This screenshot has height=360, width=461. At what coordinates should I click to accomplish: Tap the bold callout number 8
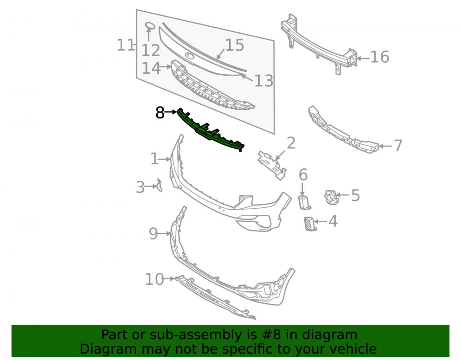(160, 112)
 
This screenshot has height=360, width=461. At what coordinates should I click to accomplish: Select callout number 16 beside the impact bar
(379, 57)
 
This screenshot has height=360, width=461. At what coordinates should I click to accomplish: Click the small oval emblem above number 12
(150, 26)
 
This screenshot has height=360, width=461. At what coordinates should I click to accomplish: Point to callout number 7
(398, 146)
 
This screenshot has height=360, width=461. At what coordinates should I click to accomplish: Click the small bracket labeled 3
(160, 185)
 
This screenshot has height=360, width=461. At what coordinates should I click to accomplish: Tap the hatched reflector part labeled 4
(309, 224)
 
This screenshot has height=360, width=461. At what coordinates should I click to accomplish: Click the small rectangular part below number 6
(304, 202)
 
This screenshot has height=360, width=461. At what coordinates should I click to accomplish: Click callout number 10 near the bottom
(154, 279)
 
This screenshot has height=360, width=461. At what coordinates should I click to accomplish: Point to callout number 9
(154, 234)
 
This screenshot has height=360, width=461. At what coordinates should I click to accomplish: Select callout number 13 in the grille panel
(264, 81)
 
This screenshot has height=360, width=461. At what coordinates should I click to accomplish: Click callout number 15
(235, 46)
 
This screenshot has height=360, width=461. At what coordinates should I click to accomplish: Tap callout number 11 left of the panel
(125, 45)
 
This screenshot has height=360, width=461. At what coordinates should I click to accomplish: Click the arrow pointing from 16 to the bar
(363, 59)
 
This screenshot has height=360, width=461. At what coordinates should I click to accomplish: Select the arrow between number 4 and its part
(321, 222)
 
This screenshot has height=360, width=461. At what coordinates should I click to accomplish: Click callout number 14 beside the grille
(151, 68)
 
